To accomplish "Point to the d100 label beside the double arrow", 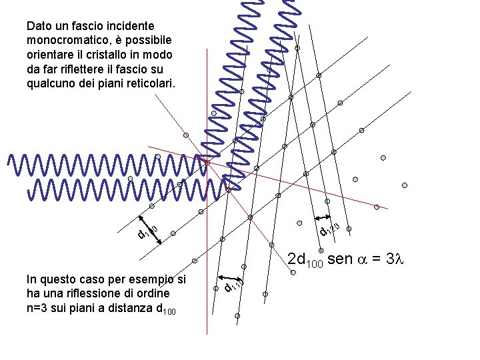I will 147,231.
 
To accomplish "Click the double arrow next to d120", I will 323,218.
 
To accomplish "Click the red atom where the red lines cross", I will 207,163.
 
